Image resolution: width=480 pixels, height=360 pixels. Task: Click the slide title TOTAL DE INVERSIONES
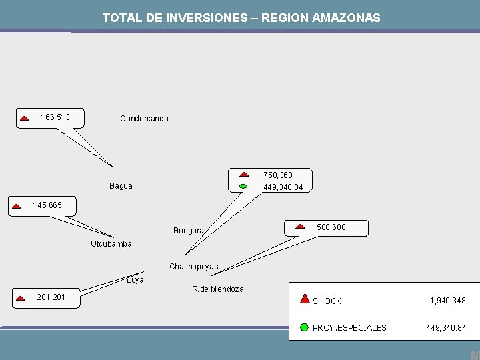(241, 18)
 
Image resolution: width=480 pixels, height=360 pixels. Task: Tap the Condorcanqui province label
(145, 119)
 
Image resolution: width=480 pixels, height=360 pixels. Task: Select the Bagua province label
(121, 186)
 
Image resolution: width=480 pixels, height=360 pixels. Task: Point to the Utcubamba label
(111, 244)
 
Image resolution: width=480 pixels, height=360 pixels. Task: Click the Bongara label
(189, 231)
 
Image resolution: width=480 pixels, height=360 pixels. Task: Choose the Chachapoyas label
(193, 267)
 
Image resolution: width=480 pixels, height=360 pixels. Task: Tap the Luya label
(135, 280)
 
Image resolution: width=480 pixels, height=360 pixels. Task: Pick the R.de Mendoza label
(217, 289)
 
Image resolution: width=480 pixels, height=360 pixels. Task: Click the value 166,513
(55, 117)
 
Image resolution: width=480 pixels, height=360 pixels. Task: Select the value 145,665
(47, 205)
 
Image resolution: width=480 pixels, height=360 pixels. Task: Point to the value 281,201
(51, 297)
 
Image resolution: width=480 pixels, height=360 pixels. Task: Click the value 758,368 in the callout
(277, 175)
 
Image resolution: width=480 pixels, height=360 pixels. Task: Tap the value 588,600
(331, 227)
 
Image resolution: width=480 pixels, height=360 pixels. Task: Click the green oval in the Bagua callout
(243, 186)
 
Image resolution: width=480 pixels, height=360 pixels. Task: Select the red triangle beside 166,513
(24, 118)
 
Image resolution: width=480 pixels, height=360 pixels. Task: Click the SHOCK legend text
(327, 301)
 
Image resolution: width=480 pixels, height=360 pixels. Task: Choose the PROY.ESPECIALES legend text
(349, 328)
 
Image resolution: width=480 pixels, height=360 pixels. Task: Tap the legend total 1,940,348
(447, 301)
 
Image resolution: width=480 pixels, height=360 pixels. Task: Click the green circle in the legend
(304, 327)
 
